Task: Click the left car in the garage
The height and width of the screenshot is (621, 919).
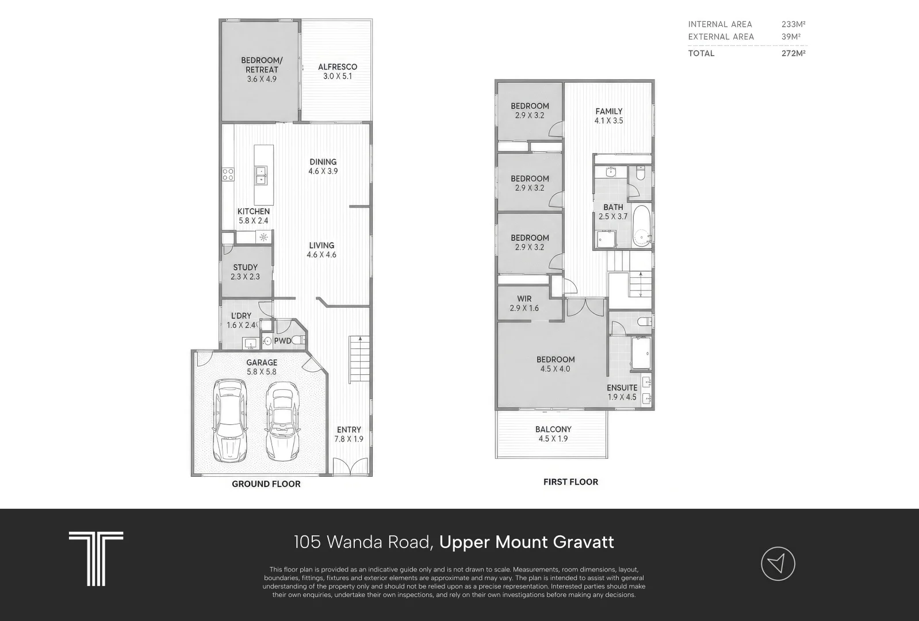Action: pos(230,420)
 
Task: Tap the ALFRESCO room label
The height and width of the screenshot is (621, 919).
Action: pos(338,67)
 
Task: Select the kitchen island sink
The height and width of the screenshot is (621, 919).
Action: pos(261,175)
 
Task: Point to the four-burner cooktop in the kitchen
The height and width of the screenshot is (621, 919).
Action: pos(228,174)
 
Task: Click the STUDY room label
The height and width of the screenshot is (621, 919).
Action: pos(246,267)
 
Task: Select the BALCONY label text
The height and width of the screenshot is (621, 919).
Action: pos(553,429)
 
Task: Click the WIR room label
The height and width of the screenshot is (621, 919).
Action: pos(524,298)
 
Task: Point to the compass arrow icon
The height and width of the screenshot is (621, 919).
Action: pos(778,563)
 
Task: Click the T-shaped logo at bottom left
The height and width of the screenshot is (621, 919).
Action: pos(96,559)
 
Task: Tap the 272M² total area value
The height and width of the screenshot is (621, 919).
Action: pos(794,53)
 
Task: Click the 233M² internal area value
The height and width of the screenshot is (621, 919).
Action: pos(794,24)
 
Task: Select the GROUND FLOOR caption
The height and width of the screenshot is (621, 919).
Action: pos(266,484)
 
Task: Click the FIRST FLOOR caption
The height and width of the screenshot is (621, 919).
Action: pos(570,482)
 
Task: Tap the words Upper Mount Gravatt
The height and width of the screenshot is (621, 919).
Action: pos(526,542)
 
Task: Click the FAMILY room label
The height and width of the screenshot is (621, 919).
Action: pos(609,111)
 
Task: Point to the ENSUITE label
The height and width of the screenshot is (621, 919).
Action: pos(622,388)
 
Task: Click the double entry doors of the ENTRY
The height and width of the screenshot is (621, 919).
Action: pos(350,467)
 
